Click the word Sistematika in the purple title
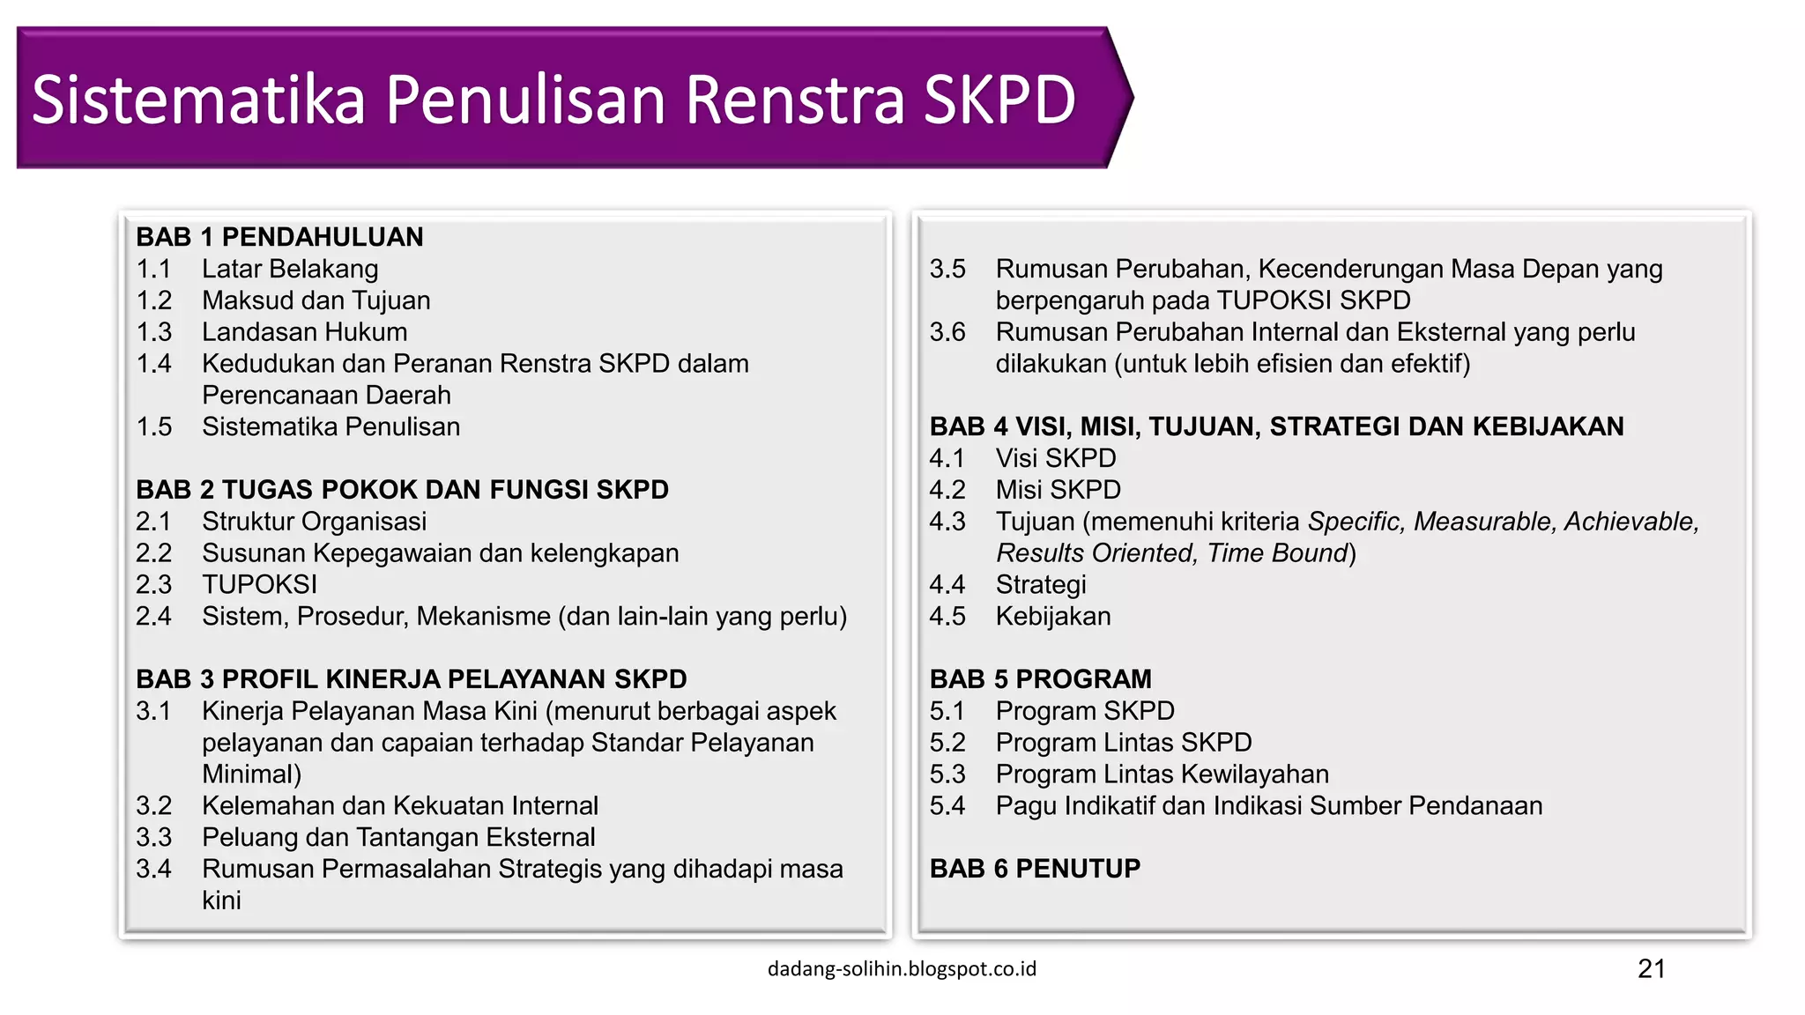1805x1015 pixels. coord(198,100)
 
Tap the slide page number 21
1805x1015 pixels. coord(1651,969)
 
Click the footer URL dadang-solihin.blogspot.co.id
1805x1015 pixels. coord(902,969)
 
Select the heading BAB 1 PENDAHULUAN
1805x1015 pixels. coord(279,237)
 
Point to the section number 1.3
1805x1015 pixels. coord(154,332)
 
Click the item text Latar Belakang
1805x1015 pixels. coord(290,269)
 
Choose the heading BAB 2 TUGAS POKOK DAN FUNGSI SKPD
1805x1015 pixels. coord(402,490)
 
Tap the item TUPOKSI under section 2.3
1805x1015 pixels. coord(259,585)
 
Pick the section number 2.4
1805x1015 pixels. coord(154,617)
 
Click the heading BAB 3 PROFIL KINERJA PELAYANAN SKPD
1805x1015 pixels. coord(411,679)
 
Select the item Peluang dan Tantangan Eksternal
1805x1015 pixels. coord(398,837)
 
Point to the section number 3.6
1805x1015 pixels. coord(947,332)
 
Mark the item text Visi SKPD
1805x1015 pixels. coord(1056,458)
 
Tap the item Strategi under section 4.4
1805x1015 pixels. coord(1041,585)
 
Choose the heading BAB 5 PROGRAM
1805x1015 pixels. coord(1040,679)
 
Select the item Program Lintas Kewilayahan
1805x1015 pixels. coord(1162,774)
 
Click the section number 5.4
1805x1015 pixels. coord(947,806)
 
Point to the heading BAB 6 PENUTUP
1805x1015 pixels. coord(1035,869)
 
